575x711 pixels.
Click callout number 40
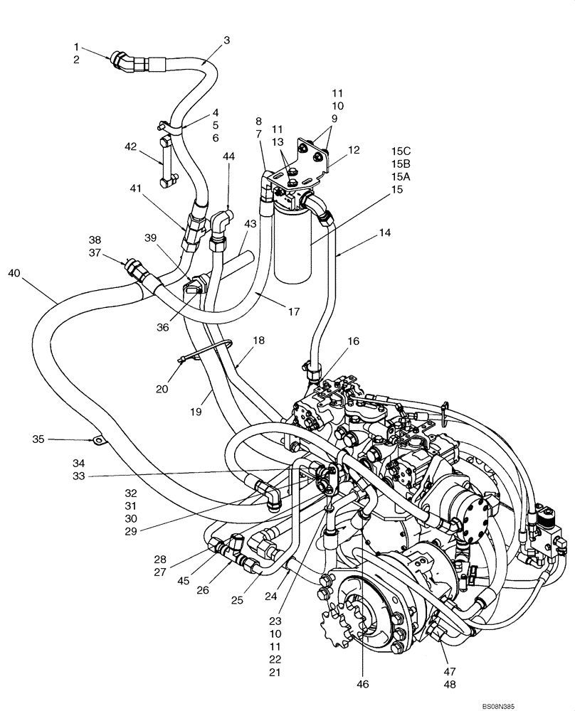coord(15,272)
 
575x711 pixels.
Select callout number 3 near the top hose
coord(226,41)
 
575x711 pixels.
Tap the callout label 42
coord(130,147)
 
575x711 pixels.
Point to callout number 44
coord(228,156)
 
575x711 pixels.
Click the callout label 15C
coord(401,150)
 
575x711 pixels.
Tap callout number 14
coord(385,232)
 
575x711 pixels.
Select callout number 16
coord(353,341)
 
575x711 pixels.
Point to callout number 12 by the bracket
coord(354,150)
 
